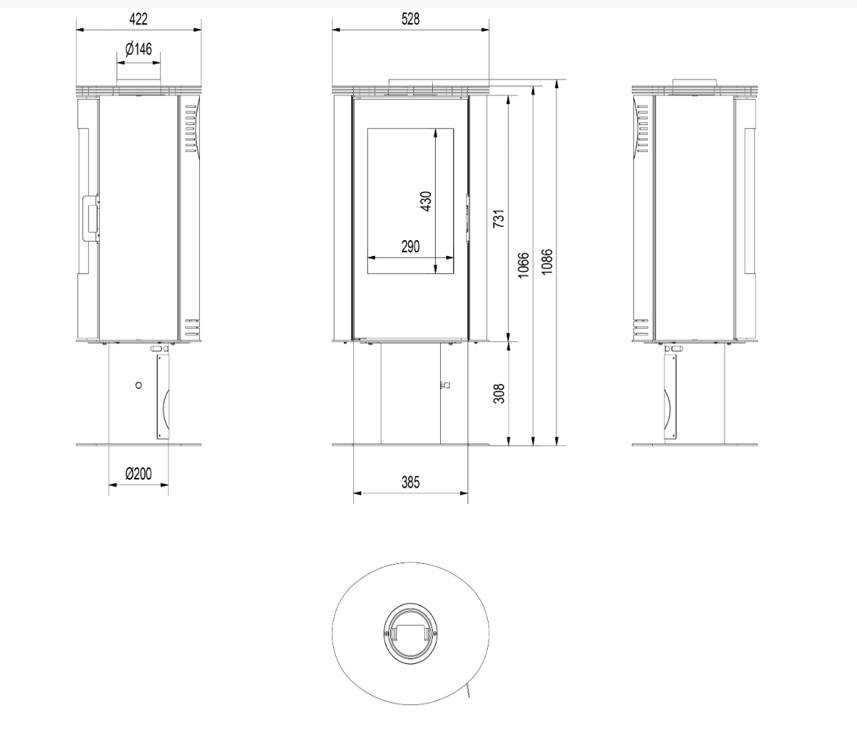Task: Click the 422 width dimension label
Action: coord(138,19)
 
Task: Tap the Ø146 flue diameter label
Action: coord(138,49)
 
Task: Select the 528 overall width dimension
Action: coord(410,19)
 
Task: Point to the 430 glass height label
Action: coord(426,201)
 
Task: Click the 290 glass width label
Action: coord(410,247)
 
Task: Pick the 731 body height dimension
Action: coord(499,218)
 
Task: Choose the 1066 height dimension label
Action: coord(523,265)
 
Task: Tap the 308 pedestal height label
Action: coord(499,393)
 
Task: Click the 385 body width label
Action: coord(410,482)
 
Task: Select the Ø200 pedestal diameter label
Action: coord(138,474)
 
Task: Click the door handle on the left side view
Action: coord(90,218)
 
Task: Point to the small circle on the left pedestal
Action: coord(138,385)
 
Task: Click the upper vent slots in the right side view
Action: coord(642,129)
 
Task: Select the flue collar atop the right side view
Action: coord(695,82)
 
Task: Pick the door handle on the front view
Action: coord(468,218)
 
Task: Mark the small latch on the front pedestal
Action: coord(445,385)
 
